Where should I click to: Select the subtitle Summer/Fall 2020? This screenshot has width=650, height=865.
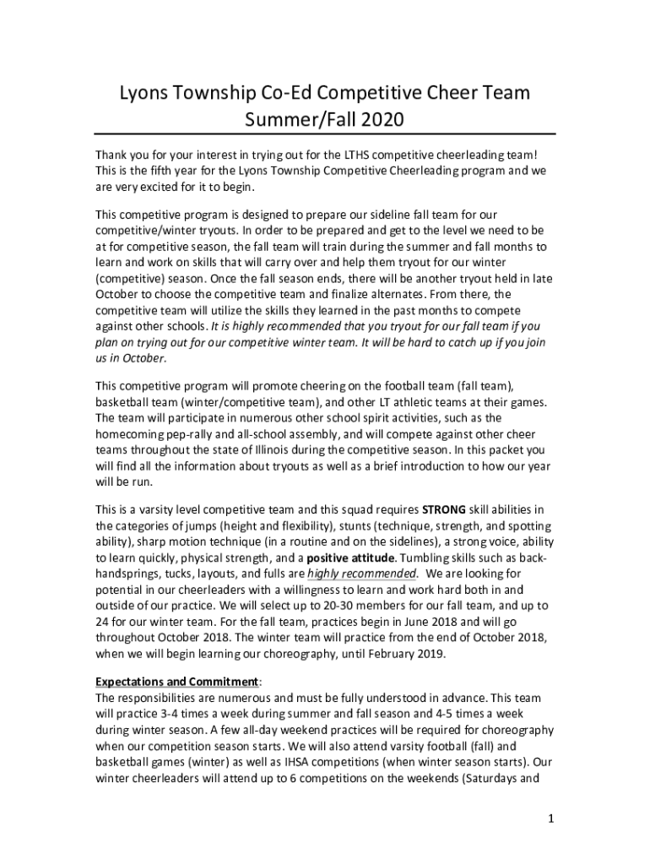point(325,120)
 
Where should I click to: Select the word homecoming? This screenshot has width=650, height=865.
point(132,433)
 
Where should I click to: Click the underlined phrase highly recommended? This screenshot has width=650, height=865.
point(361,574)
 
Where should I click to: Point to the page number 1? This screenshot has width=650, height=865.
point(548,819)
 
